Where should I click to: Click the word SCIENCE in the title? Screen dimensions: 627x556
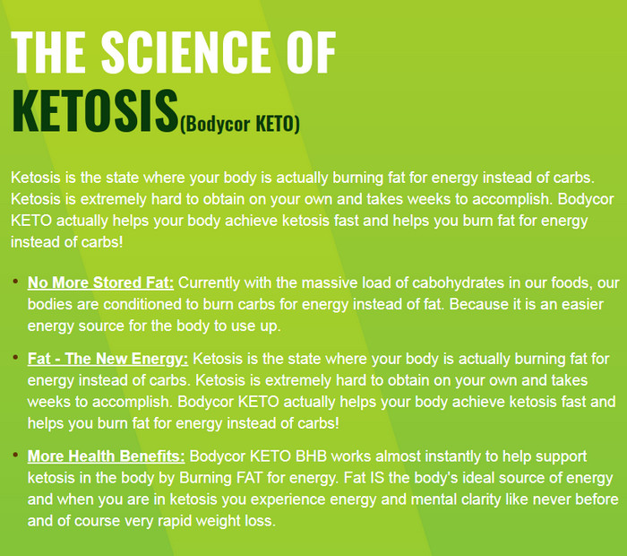point(185,52)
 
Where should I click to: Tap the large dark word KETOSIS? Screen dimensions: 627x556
point(95,111)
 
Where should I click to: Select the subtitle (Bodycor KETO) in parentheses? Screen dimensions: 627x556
point(239,124)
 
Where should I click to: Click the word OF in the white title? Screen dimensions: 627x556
point(311,52)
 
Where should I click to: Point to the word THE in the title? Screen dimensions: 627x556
point(48,52)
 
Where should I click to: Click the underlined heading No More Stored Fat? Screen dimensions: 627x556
point(100,282)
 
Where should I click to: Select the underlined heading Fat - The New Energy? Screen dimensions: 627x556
point(107,359)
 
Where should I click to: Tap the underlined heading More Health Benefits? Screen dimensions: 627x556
point(106,456)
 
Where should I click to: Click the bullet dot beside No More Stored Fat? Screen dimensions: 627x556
point(15,282)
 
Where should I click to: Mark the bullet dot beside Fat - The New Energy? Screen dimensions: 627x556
point(15,357)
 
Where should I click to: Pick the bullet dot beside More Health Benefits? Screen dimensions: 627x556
point(15,455)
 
